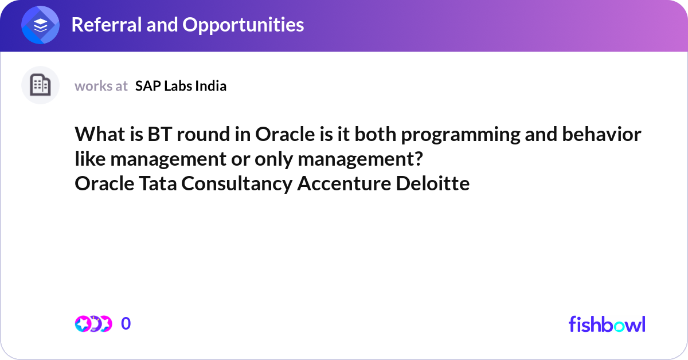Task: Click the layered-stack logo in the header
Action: tap(41, 26)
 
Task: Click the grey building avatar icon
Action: tap(40, 85)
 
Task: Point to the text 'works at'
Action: tap(101, 86)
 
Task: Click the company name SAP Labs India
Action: tap(181, 86)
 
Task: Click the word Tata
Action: tap(152, 184)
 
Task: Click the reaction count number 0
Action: tap(126, 324)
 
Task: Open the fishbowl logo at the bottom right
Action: tap(607, 324)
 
